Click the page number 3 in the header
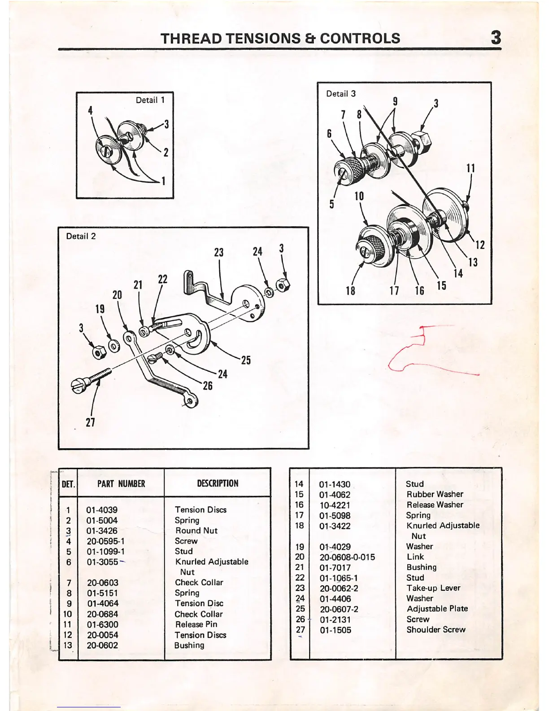(496, 37)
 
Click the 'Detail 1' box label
(150, 100)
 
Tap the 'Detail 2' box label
(81, 236)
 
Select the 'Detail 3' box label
(341, 93)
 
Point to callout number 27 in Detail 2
(90, 422)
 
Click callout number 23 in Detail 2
(219, 252)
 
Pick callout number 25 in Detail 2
(246, 360)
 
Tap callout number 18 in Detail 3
(350, 290)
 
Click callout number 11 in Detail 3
(471, 168)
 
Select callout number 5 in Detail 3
(332, 204)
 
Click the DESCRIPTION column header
(218, 483)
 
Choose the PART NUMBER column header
(121, 483)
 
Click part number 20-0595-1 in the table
(105, 541)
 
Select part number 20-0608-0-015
(347, 557)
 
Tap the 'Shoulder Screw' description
(436, 630)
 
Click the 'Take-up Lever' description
(433, 588)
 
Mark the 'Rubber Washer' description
(435, 494)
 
